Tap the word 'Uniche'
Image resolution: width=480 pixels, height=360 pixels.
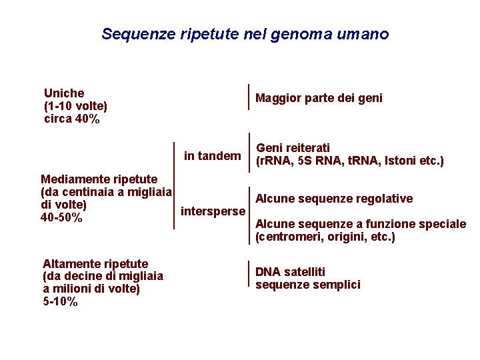64,93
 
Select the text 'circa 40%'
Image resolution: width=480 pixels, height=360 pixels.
71,119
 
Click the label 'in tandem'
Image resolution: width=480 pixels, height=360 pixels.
212,156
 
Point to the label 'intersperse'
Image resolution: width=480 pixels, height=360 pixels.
213,211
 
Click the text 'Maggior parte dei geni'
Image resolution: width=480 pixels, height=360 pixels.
319,99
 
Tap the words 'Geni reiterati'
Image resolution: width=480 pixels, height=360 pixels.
293,148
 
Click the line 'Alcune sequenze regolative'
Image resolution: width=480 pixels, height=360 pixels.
334,199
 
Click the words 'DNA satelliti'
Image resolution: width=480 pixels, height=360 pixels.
290,272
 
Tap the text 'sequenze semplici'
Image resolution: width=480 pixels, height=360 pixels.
307,285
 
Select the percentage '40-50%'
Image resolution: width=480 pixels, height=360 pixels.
61,218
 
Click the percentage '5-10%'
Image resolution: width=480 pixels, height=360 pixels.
60,302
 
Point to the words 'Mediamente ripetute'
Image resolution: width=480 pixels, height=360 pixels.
99,179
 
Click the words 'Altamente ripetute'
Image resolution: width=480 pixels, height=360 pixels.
95,264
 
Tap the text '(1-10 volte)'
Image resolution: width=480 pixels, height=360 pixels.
75,107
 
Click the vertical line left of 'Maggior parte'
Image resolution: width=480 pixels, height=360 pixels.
249,97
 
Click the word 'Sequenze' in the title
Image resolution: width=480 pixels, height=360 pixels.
138,34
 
